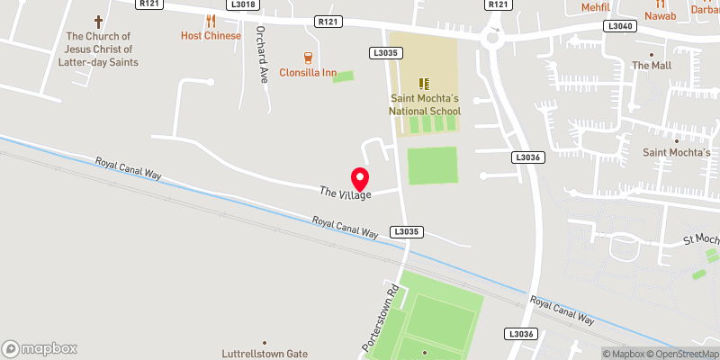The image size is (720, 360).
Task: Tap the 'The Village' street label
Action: tap(345, 193)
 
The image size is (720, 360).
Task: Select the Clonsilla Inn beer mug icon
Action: tap(308, 57)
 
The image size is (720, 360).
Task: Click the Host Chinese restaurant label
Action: tap(211, 35)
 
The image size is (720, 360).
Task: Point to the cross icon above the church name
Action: tap(99, 20)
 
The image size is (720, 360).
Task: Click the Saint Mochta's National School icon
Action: tap(424, 83)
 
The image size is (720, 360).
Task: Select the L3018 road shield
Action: tap(243, 4)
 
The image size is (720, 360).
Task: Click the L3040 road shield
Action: tap(620, 27)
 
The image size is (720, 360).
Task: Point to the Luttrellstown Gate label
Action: tap(265, 354)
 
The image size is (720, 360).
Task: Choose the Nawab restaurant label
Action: tap(660, 15)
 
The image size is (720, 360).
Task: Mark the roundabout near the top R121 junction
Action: tap(492, 38)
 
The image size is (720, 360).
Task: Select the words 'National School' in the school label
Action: tap(424, 111)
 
